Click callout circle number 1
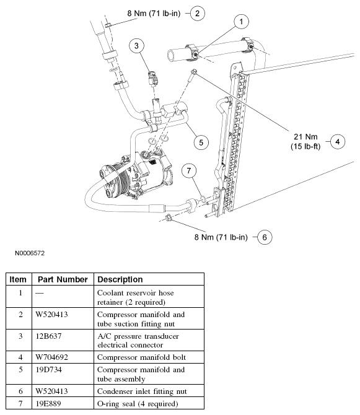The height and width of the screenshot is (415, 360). click(242, 22)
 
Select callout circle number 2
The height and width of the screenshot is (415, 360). click(197, 12)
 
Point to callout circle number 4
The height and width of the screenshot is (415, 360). click(337, 141)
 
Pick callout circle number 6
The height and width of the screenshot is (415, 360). click(265, 237)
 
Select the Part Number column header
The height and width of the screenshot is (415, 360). click(63, 279)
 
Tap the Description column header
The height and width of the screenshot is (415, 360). click(120, 279)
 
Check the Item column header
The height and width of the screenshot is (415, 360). click(18, 279)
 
